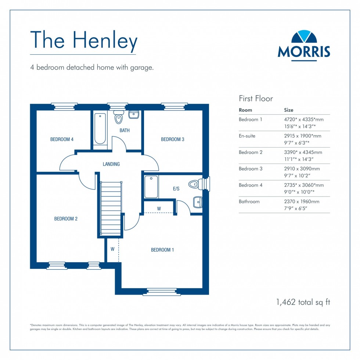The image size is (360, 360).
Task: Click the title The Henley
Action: coord(84,40)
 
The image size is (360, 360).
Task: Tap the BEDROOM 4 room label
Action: coord(62,139)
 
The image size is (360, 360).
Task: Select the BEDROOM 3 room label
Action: coord(173,139)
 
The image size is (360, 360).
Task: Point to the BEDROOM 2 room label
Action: coord(66,219)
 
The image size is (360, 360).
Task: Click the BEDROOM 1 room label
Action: coord(162,250)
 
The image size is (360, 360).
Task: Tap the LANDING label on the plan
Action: coord(111,164)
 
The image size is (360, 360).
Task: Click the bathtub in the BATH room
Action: coord(100,129)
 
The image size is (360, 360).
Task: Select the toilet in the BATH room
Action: coord(118,116)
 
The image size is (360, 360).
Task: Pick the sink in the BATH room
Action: coord(134,114)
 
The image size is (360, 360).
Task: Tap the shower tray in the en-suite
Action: coord(151,187)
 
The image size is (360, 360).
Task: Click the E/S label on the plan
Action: coord(176,189)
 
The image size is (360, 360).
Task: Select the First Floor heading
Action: coord(256,98)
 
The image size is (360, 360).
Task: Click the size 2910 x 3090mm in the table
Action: coord(302,169)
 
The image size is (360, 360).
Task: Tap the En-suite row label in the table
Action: coord(247,136)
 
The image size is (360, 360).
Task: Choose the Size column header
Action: coord(289,110)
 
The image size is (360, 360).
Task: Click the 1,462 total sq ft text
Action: coord(303,302)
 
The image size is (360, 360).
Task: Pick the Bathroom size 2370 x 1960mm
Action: coord(302,201)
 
